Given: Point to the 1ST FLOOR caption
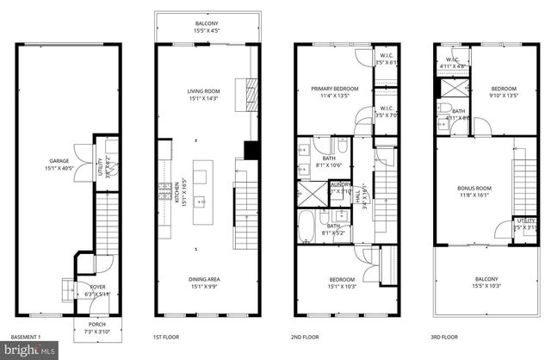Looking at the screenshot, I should pyautogui.click(x=165, y=338).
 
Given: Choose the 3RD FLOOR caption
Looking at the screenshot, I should pyautogui.click(x=443, y=338).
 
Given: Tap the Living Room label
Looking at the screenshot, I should pyautogui.click(x=204, y=94).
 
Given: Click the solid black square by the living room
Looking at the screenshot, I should pyautogui.click(x=251, y=151).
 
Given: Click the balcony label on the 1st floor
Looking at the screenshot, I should pyautogui.click(x=205, y=26).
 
